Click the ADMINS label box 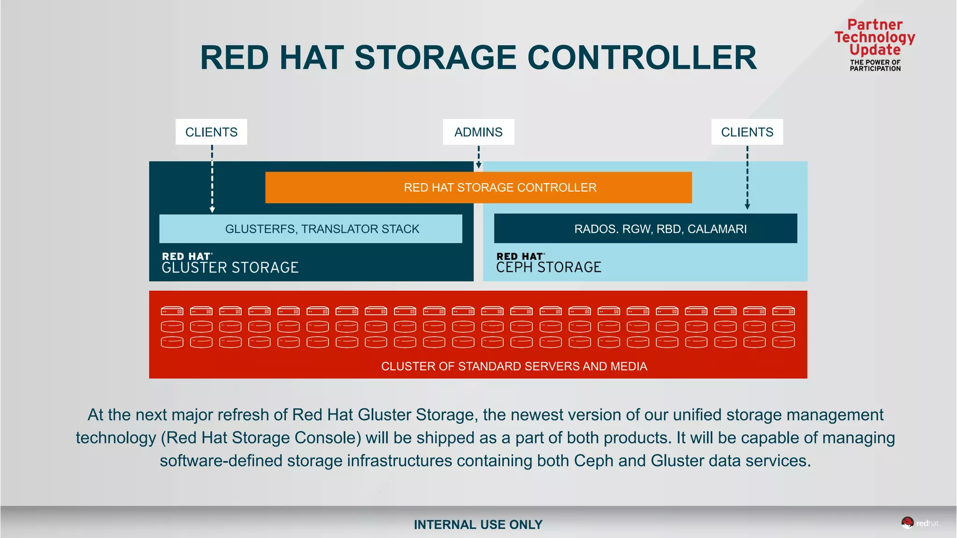tap(478, 132)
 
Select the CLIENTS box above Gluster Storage tap(211, 132)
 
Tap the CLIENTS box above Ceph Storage tap(747, 132)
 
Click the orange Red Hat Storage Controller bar tap(478, 187)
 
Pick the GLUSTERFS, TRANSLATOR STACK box tap(311, 229)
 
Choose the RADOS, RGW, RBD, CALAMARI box tap(646, 229)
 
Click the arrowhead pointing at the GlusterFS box tap(212, 210)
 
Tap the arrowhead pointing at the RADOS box tap(747, 206)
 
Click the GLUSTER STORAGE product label tap(230, 267)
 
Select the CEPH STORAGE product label tap(549, 267)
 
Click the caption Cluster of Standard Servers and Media tap(514, 366)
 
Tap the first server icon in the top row tap(172, 311)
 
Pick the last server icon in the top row tap(784, 311)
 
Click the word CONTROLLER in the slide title tap(642, 58)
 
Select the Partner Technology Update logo tap(875, 44)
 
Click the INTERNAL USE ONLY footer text tap(478, 525)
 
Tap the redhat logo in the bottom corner tap(920, 523)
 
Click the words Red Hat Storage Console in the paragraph tap(264, 438)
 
